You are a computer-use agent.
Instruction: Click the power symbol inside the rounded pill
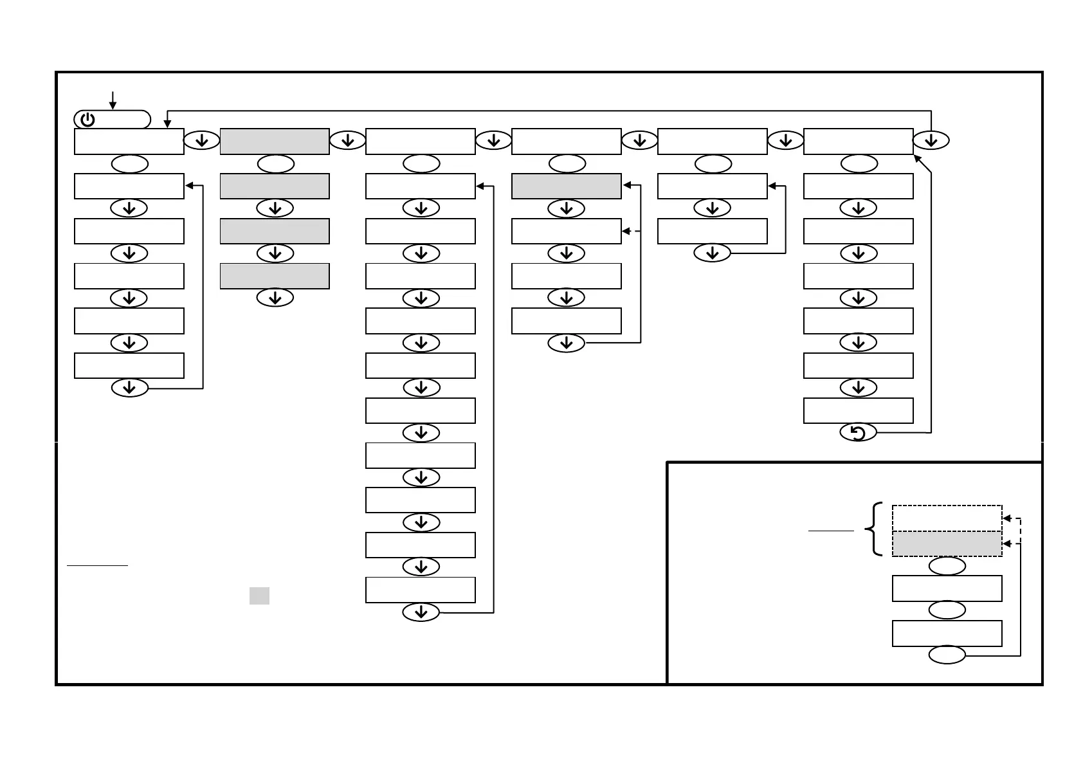point(88,120)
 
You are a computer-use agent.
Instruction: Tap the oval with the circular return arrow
point(858,433)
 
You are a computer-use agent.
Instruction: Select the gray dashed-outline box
point(947,544)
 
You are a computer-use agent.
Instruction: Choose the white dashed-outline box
point(947,518)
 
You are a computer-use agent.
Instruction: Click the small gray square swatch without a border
point(259,596)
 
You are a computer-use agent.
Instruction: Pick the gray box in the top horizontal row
point(275,141)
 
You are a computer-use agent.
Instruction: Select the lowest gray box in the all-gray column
point(275,276)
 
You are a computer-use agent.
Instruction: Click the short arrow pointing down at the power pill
point(113,100)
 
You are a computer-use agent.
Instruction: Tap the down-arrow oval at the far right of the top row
point(931,140)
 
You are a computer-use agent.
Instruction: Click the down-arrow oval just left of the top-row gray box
point(201,140)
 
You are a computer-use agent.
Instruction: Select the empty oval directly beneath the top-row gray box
point(275,165)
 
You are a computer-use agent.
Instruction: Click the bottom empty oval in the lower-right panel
point(947,655)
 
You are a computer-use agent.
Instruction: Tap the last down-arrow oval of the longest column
point(421,612)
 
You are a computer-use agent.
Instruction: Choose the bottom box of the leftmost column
point(129,365)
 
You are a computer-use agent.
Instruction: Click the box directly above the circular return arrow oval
point(858,410)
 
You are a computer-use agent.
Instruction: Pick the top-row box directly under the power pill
point(129,141)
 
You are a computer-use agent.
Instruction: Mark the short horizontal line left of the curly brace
point(830,531)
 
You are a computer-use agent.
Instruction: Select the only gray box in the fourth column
point(566,186)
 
